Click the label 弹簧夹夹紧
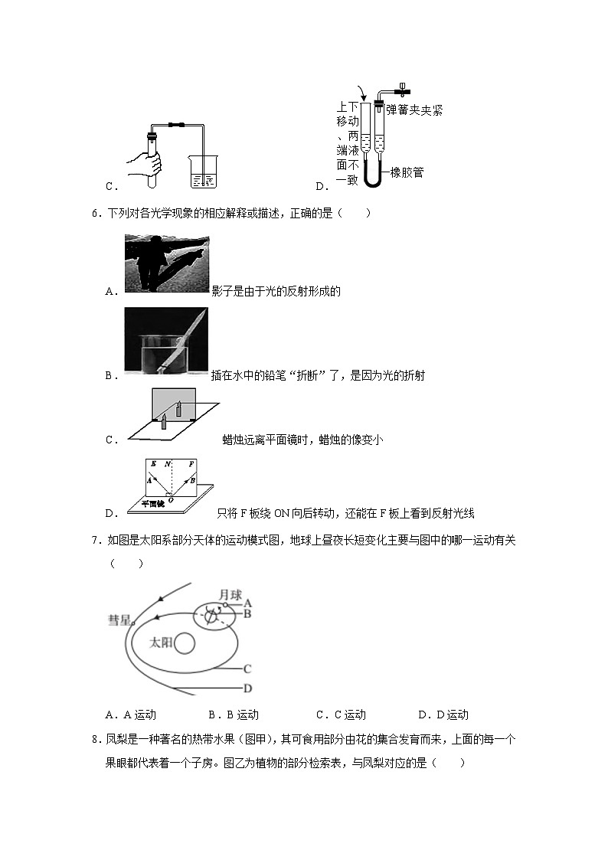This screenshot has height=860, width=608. [414, 110]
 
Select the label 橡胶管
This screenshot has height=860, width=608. [407, 172]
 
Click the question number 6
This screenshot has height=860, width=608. [94, 213]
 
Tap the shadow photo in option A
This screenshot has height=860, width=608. [166, 263]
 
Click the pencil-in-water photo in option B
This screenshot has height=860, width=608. [166, 342]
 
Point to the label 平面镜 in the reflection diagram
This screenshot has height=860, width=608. [151, 503]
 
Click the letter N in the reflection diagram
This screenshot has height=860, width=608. [167, 464]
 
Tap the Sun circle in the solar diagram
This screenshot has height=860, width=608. [182, 644]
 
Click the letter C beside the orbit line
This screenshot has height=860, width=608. [247, 669]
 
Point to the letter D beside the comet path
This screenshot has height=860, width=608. [247, 688]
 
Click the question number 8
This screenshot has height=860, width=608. [94, 739]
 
